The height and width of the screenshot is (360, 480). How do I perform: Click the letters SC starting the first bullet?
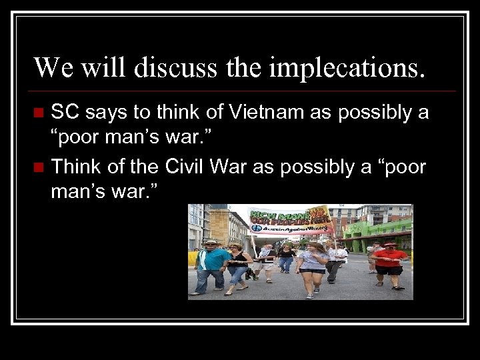(x=65, y=113)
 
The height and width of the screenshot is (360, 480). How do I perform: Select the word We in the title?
(x=49, y=68)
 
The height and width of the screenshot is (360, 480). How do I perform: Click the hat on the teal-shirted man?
(x=211, y=241)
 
